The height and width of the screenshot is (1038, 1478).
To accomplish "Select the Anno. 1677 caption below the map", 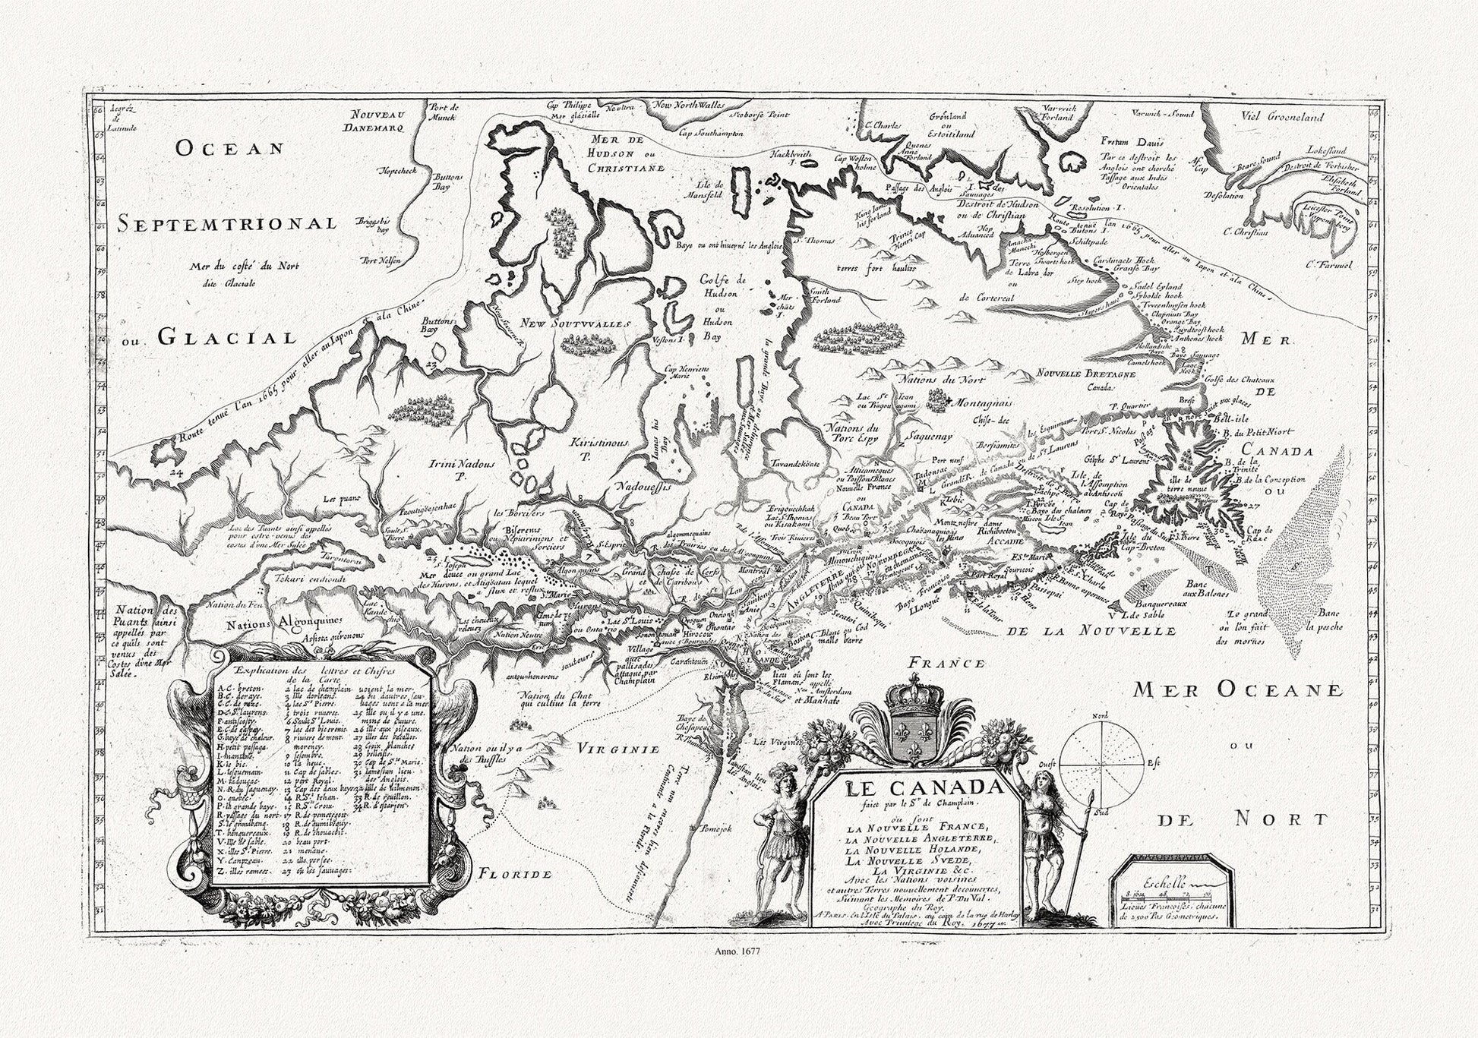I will click(x=739, y=950).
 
